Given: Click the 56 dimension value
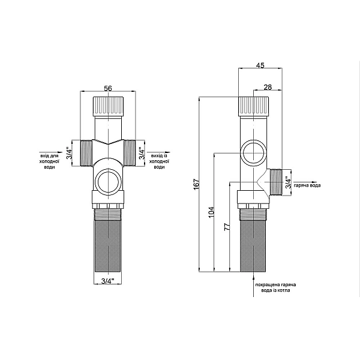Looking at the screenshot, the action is coord(107,88).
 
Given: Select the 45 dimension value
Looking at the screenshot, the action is coord(260,65).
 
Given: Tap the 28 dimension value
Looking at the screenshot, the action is coord(268,87).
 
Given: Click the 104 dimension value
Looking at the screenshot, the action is coord(212,212).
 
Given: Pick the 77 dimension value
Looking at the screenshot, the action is coord(227,227).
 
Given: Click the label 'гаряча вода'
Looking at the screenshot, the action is coord(307,185).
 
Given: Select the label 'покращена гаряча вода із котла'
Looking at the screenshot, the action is coord(275,287).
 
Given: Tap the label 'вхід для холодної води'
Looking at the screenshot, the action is coord(49,161).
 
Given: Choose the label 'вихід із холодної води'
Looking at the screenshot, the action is coord(160,161).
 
